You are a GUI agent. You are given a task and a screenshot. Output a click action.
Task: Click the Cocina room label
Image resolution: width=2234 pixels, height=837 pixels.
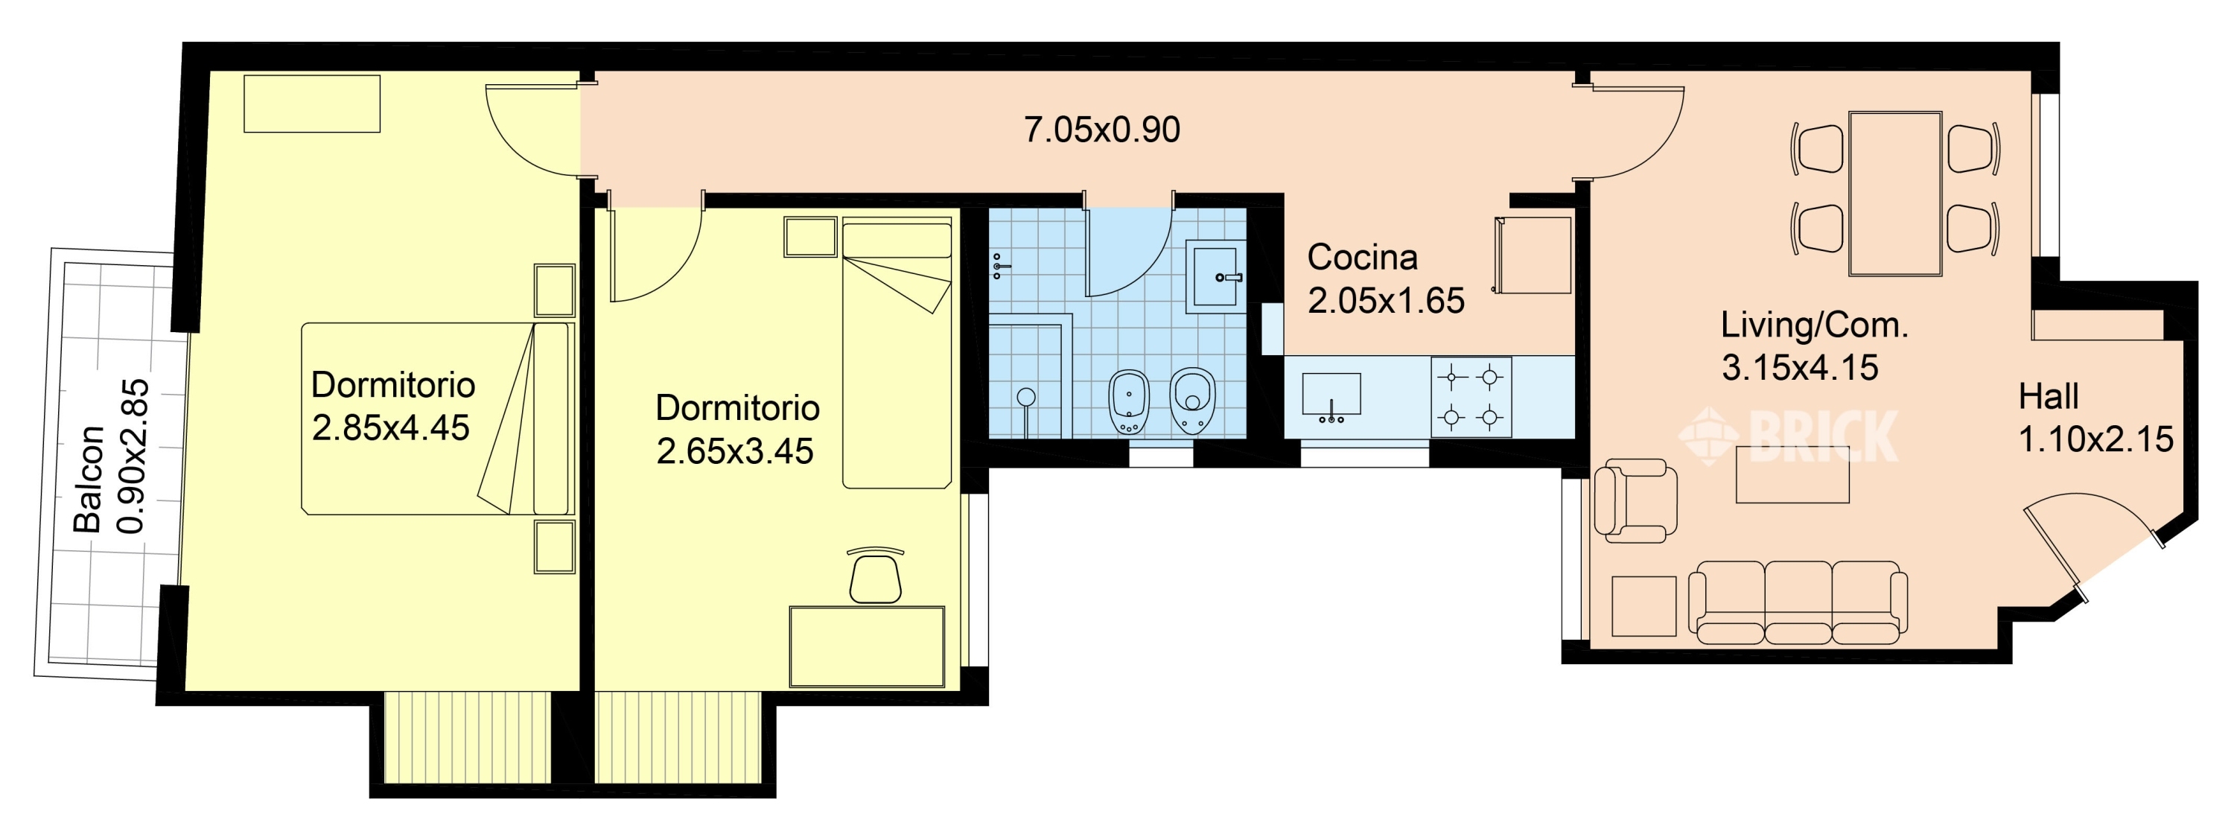[x=1363, y=257]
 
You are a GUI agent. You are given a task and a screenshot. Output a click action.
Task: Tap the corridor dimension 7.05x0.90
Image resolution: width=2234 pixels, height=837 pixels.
[x=1101, y=130]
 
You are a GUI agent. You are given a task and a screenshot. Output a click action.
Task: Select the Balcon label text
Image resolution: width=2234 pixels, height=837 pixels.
[x=89, y=479]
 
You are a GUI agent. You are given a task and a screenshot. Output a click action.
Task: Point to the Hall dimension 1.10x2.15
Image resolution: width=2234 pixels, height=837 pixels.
[x=2096, y=440]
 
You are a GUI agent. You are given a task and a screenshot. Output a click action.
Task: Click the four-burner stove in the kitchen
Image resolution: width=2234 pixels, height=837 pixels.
[x=1471, y=397]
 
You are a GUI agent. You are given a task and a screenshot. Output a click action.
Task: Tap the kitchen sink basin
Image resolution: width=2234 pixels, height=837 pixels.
[x=1331, y=395]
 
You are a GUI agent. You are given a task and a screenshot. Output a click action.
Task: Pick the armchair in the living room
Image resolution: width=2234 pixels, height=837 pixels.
[x=1635, y=500]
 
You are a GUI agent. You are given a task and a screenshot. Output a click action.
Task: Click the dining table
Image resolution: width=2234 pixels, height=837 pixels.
[x=1895, y=194]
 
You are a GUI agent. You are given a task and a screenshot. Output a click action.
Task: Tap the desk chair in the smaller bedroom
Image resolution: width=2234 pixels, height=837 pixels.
[x=875, y=575]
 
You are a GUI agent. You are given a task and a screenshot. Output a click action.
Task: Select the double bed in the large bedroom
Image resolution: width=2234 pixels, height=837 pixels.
[x=438, y=419]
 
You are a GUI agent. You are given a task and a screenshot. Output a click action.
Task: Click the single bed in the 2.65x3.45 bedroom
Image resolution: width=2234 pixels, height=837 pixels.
[x=897, y=354]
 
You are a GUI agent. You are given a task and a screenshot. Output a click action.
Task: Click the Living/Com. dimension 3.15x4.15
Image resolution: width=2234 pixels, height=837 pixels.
[x=1800, y=368]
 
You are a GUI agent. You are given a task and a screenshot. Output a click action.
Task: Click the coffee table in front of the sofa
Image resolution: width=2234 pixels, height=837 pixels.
[x=1792, y=474]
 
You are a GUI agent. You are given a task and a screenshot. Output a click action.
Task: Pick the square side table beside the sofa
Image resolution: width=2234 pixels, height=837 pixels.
[x=1643, y=606]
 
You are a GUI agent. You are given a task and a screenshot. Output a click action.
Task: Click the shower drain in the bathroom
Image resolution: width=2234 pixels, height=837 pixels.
[x=1027, y=397]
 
